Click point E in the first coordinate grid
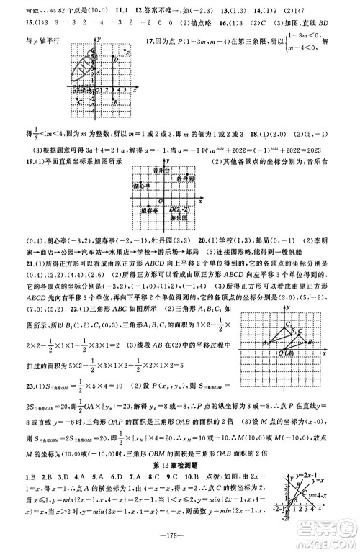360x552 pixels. coord(127,54)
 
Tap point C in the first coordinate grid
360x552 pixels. coord(78,101)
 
